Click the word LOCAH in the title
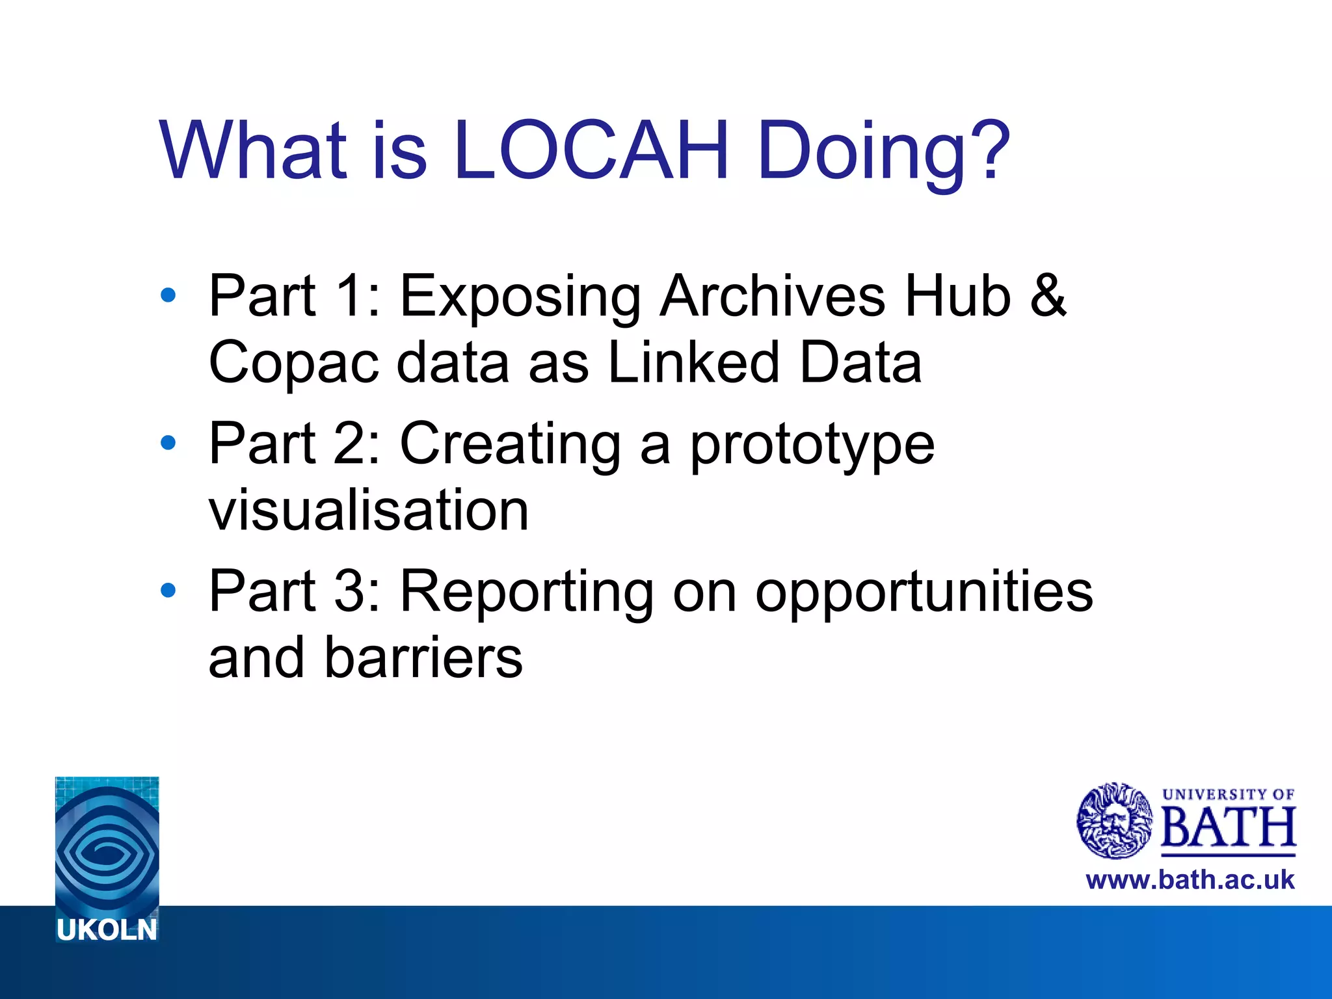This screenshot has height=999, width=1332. click(591, 151)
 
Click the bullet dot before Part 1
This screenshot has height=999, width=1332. click(168, 295)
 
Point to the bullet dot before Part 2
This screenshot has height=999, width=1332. click(168, 443)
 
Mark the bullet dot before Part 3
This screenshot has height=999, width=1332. click(168, 590)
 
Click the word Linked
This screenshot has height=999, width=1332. click(693, 362)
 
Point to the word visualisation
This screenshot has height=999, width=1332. click(369, 510)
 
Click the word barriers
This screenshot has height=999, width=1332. click(423, 658)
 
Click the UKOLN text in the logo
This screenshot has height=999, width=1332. click(107, 930)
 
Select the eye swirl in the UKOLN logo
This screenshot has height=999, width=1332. click(107, 849)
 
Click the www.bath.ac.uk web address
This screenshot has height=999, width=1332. click(1190, 880)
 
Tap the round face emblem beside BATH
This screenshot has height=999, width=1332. click(1115, 821)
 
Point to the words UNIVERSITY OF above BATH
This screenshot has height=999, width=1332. click(1228, 794)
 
